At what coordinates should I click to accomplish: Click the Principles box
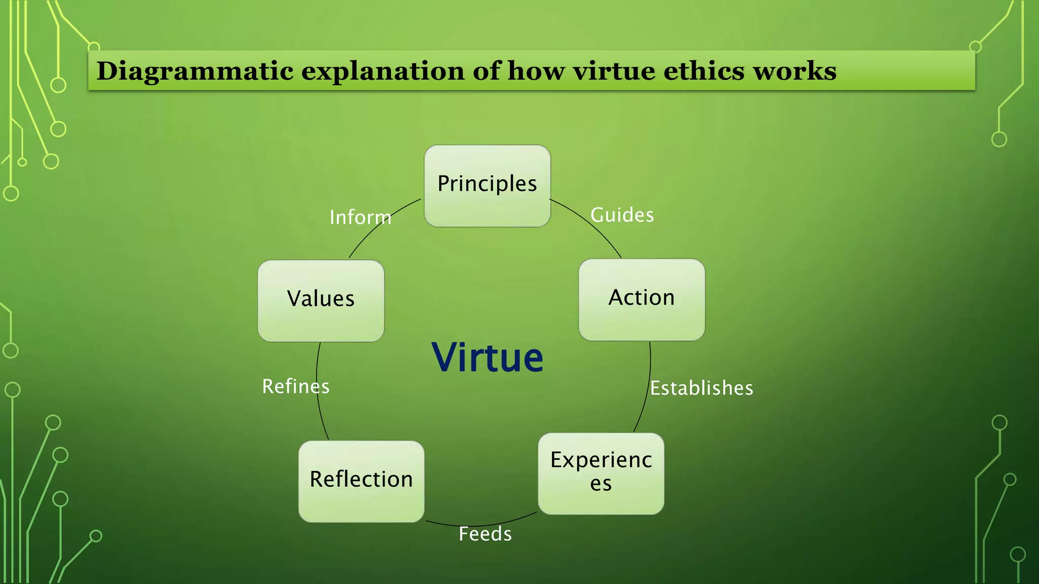pos(487,186)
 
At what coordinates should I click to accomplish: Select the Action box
pos(641,299)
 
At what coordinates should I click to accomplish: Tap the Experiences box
pos(601,473)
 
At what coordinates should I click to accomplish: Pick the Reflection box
pos(361,481)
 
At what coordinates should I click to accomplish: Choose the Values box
pos(321,300)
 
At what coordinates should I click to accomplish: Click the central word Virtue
pos(487,358)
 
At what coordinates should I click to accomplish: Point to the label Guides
pos(622,215)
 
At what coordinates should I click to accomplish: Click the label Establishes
pos(702,388)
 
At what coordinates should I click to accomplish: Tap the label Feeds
pos(485,534)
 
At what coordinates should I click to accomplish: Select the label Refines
pos(295,387)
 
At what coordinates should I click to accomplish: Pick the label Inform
pos(360,217)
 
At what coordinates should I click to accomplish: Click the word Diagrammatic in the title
pos(195,71)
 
